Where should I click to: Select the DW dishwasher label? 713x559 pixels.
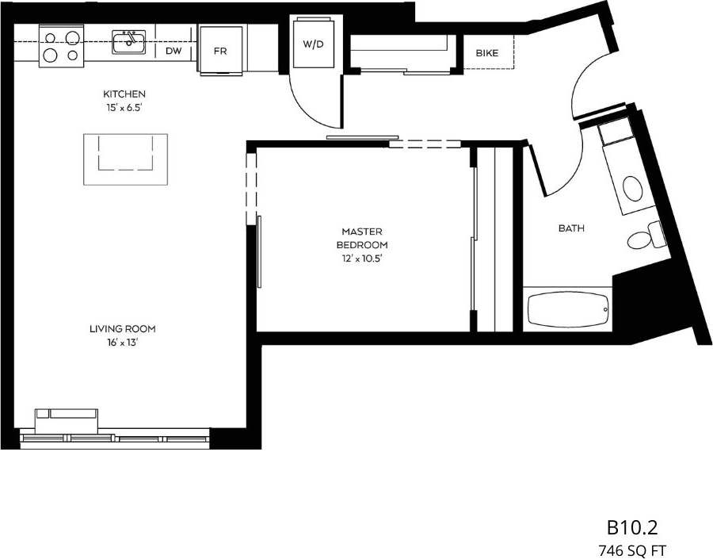pos(173,51)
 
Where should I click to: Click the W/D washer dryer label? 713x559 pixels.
pos(313,44)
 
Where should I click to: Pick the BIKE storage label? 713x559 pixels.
pos(486,53)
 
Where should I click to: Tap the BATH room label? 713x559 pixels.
pos(571,228)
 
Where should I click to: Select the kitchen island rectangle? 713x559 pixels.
pos(125,159)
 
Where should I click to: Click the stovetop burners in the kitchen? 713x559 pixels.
pos(62,45)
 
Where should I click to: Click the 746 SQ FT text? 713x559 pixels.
pos(632,548)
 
